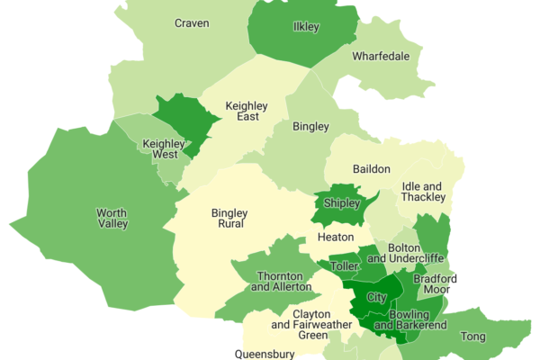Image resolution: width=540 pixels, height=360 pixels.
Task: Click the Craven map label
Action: [x=192, y=23]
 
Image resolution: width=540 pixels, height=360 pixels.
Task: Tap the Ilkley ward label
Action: [x=306, y=27]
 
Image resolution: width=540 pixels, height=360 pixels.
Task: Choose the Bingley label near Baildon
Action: [x=310, y=127]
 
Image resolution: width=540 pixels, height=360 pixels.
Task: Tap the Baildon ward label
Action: [x=371, y=169]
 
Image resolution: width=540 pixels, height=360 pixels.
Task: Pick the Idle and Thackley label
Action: [x=423, y=191]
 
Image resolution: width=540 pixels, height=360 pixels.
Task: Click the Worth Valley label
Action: [x=112, y=218]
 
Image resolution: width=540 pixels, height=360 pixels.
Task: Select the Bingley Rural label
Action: [x=229, y=219]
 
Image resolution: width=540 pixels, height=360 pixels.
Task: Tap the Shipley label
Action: [x=341, y=203]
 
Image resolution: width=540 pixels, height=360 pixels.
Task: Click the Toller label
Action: [x=344, y=267]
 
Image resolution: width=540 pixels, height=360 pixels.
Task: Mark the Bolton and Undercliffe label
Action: [x=417, y=253]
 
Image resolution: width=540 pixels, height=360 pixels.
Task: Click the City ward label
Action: [x=378, y=297]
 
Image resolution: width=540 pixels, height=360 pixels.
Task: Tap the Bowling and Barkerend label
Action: [x=409, y=319]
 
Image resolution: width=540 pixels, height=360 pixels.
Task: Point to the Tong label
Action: [x=473, y=336]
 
